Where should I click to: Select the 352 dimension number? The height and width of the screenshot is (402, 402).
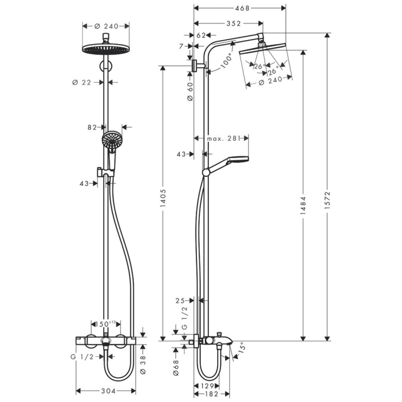(x=232, y=24)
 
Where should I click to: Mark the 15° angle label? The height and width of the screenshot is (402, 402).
(x=241, y=346)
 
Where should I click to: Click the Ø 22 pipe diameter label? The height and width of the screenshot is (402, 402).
(x=82, y=82)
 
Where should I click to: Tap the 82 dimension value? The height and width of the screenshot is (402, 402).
(x=92, y=127)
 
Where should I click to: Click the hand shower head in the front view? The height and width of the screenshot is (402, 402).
(x=112, y=140)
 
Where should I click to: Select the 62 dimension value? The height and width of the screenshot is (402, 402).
(x=201, y=36)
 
